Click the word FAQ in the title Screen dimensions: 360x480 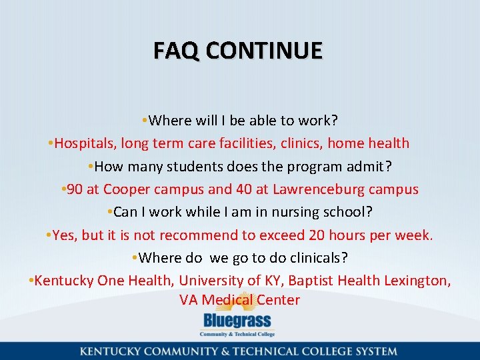pyautogui.click(x=173, y=51)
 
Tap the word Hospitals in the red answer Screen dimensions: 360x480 pyautogui.click(x=83, y=143)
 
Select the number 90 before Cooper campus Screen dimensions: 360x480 pyautogui.click(x=75, y=189)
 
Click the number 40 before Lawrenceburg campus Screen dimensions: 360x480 pyautogui.click(x=244, y=189)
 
